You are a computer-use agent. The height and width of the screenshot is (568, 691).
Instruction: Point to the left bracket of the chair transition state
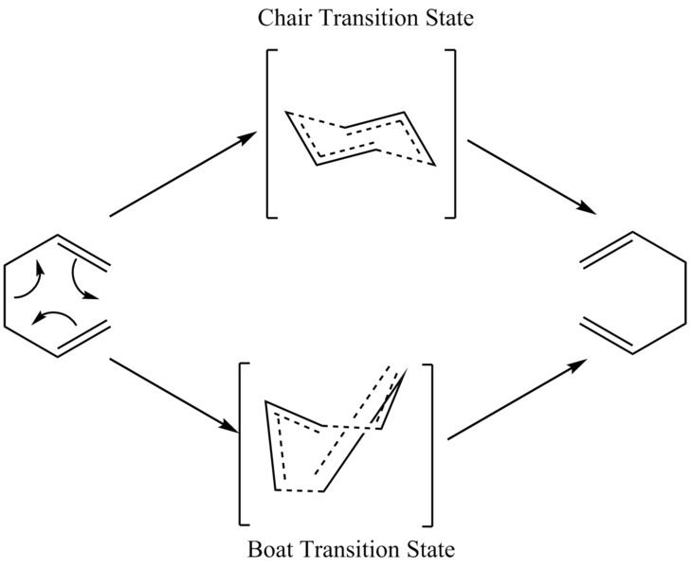click(268, 133)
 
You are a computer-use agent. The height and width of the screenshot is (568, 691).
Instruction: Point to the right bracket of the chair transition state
click(454, 133)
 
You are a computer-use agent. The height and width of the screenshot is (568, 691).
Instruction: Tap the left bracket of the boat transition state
click(240, 444)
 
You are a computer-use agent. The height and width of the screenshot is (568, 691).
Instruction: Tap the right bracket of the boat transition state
click(431, 444)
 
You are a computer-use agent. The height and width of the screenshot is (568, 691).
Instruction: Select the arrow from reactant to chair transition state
click(183, 174)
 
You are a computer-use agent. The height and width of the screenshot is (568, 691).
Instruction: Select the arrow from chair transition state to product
click(532, 177)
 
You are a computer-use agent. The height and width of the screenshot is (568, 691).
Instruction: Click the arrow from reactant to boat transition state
click(174, 395)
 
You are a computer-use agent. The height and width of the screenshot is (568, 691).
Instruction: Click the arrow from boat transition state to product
click(518, 399)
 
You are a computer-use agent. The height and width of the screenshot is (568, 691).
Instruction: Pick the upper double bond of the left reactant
click(82, 253)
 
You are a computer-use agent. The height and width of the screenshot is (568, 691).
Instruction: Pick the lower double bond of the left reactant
click(82, 338)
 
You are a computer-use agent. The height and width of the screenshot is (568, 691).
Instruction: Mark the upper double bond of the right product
click(608, 250)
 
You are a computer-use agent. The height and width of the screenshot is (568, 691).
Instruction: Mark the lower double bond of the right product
click(606, 335)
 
